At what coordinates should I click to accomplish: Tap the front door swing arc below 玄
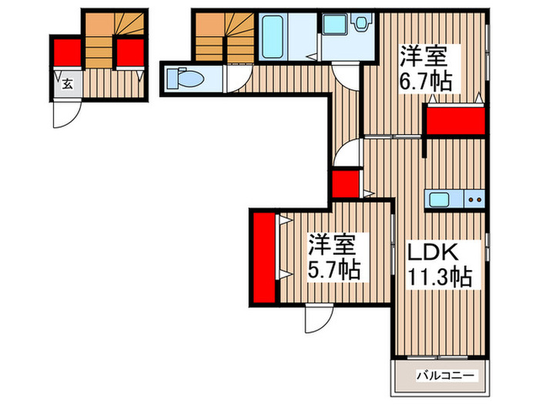(63, 114)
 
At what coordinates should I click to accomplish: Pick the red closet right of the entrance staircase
(129, 52)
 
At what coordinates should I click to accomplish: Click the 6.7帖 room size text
(425, 79)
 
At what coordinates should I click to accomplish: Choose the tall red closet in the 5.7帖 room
(264, 257)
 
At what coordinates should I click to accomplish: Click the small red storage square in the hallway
(343, 184)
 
